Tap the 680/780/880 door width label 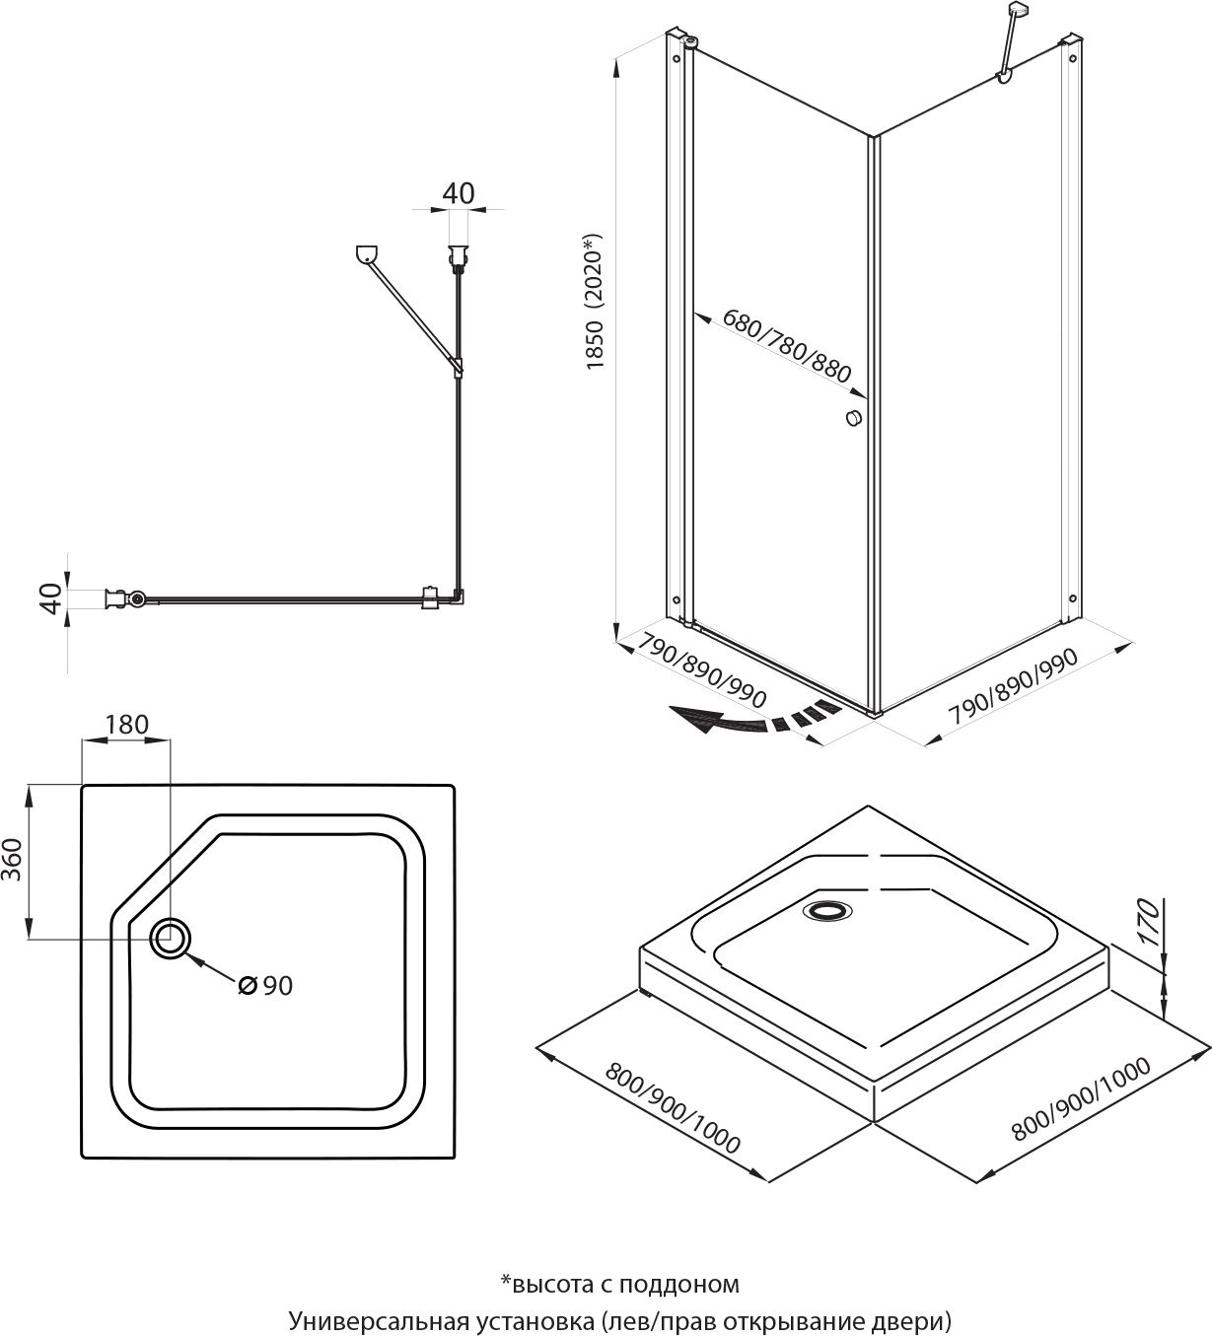pos(786,346)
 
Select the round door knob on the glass pos(854,417)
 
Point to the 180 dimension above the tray pos(126,725)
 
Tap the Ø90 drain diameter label pos(266,985)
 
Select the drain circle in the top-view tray pos(171,938)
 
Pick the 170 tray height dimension pos(1146,922)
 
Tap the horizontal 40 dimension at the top pos(458,192)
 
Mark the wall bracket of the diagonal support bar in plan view pos(366,254)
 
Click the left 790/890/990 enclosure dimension pos(702,669)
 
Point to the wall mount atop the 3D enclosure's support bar pos(1017,12)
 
